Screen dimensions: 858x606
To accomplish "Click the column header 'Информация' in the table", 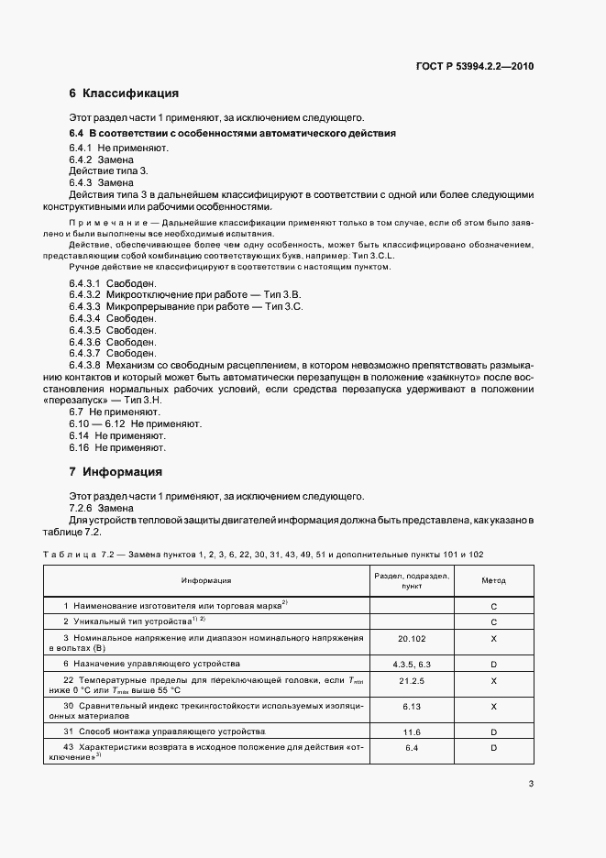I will point(205,580).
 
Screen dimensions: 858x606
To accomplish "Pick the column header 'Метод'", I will point(493,580).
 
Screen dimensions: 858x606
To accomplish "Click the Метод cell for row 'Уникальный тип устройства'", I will point(493,621).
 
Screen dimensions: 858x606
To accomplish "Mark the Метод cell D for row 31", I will point(493,731).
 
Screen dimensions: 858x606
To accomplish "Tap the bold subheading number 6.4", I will point(77,133).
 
